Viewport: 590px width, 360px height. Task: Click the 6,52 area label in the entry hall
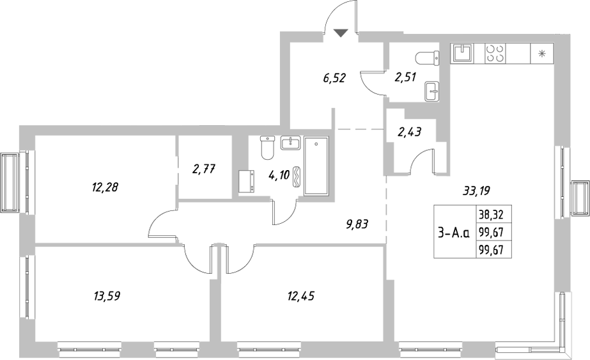coord(334,79)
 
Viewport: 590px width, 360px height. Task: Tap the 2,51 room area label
coord(405,79)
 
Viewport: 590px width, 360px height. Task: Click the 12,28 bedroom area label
coord(105,187)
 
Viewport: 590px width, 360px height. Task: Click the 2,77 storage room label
coord(204,169)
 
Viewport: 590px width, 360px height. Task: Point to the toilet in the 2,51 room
coord(426,58)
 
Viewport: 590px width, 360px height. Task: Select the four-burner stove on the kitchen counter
coord(494,52)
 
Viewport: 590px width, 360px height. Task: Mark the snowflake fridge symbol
coord(542,52)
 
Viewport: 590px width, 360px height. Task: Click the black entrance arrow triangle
coord(339,33)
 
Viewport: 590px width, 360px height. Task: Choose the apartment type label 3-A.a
coord(453,233)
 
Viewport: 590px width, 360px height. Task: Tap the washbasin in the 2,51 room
coord(433,91)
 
